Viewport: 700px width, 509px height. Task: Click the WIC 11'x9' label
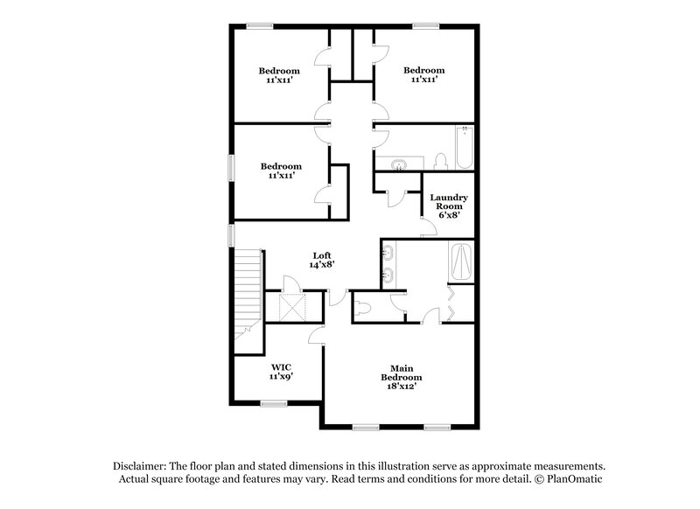(281, 371)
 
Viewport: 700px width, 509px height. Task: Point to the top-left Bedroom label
(279, 75)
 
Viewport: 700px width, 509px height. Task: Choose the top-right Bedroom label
(423, 75)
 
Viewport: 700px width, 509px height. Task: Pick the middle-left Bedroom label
(281, 171)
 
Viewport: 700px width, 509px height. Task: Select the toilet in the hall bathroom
(440, 160)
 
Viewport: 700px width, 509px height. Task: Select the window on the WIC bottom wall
(274, 403)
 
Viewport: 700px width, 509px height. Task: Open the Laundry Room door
(429, 228)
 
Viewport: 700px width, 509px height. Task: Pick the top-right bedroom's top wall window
(426, 25)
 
